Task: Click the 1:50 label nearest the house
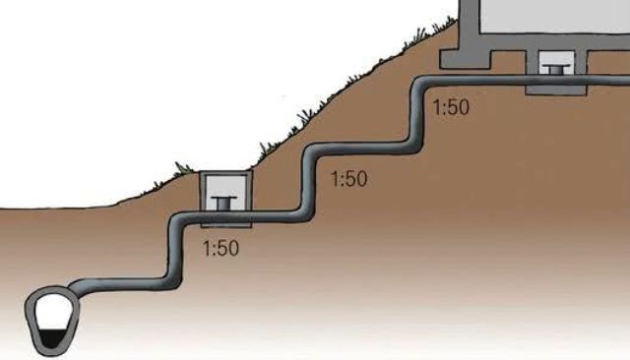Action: click(451, 107)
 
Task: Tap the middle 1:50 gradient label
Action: click(348, 179)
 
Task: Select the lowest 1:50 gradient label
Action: click(220, 248)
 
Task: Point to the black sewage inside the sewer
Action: click(52, 338)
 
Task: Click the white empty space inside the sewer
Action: click(52, 312)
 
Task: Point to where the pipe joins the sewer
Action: click(75, 290)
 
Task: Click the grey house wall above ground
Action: click(469, 24)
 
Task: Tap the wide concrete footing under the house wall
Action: click(466, 59)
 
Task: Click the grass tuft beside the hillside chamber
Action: click(183, 168)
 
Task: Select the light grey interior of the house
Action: click(555, 16)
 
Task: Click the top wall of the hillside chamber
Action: click(226, 173)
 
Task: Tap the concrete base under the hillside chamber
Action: click(226, 225)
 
